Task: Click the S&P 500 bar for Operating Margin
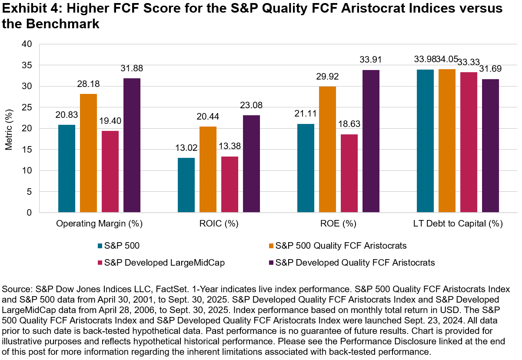[66, 169]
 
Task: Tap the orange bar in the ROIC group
[208, 170]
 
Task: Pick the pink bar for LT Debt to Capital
[469, 142]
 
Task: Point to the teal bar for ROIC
[186, 185]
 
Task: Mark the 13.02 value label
[186, 148]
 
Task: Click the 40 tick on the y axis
[27, 44]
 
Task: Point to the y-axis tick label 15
[27, 150]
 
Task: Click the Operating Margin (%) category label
[100, 224]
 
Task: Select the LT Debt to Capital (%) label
[458, 224]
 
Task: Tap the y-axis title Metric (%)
[9, 128]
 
